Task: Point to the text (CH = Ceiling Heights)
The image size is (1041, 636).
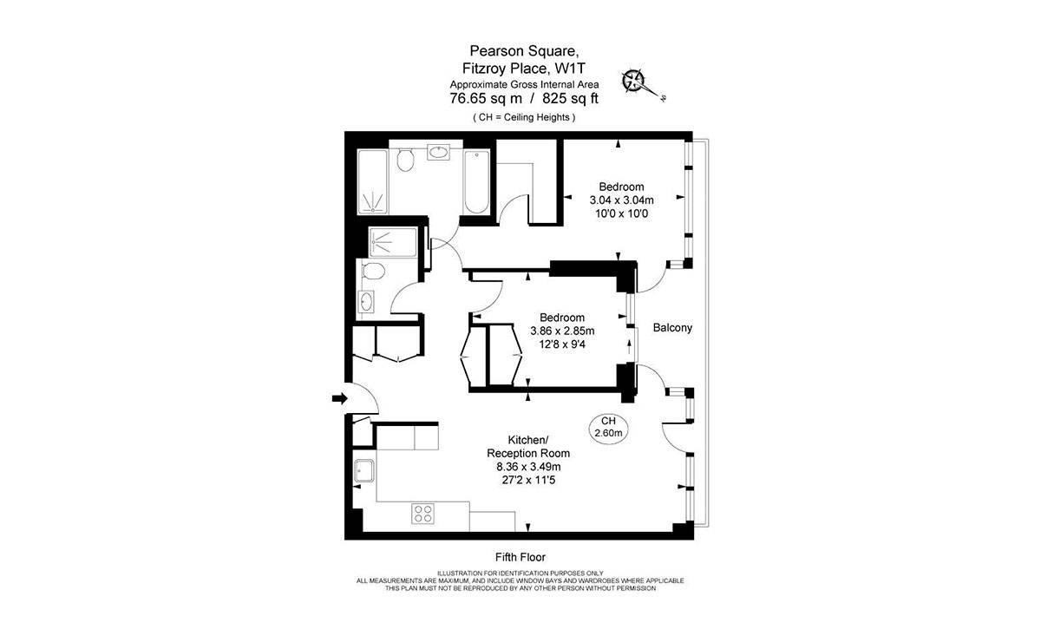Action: pos(523,116)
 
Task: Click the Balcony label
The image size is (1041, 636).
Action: pos(672,328)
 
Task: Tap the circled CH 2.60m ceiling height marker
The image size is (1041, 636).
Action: pos(608,426)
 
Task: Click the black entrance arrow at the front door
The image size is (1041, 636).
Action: pos(339,398)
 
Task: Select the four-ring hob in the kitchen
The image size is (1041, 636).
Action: pos(422,513)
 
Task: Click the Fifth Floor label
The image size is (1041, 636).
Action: pos(520,557)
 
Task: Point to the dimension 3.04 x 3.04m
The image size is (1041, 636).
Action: pos(621,200)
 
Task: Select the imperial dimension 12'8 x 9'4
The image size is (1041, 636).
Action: pos(562,344)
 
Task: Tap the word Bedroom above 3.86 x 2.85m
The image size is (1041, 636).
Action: pos(561,317)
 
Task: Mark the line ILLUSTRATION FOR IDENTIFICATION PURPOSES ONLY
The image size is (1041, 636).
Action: pos(520,573)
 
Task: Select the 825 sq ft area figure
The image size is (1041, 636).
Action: pos(564,98)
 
